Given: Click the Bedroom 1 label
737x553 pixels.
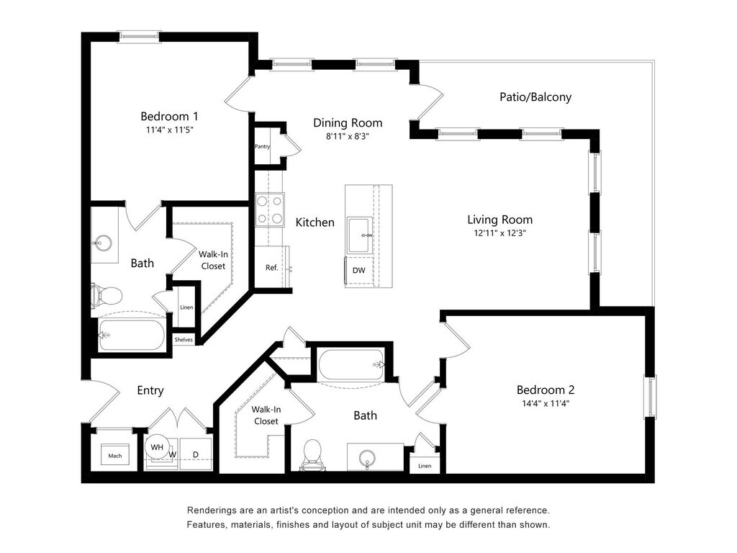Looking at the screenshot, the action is click(x=169, y=116).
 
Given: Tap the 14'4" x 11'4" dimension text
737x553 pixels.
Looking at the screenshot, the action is click(x=546, y=403).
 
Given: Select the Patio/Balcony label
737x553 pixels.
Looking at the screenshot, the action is click(x=535, y=97).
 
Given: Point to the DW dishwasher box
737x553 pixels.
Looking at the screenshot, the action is click(x=359, y=271).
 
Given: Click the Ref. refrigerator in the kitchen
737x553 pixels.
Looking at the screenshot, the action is click(x=271, y=267).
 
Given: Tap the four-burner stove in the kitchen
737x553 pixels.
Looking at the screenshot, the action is click(x=270, y=210).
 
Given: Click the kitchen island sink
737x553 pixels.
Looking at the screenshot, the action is click(x=360, y=235).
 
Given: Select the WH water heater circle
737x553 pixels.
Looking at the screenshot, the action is click(x=157, y=446).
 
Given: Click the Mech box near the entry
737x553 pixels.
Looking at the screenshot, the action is click(x=115, y=455).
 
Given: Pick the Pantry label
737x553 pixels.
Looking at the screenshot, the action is click(x=262, y=146).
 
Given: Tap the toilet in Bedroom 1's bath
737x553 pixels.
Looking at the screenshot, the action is click(x=107, y=296).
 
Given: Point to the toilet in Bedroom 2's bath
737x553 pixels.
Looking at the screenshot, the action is click(x=312, y=455).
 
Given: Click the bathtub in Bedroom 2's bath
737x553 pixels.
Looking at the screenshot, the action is click(x=351, y=365).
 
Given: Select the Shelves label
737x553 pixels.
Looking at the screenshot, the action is click(x=184, y=340).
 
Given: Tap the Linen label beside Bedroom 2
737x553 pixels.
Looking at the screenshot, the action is click(x=425, y=466).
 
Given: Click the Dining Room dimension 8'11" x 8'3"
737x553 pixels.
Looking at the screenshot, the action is click(x=348, y=136).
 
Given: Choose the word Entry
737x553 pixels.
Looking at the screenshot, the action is click(x=150, y=390).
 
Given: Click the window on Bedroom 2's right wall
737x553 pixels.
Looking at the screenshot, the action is click(x=650, y=397).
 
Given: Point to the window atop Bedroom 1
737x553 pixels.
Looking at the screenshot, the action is click(x=139, y=36).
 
